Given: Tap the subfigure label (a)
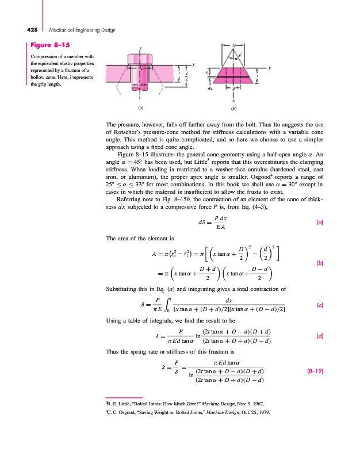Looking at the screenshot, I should (140, 108).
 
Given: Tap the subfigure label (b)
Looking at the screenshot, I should (233, 108).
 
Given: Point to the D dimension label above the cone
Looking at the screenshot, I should (233, 44).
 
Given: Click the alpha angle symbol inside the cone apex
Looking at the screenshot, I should (236, 57).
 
